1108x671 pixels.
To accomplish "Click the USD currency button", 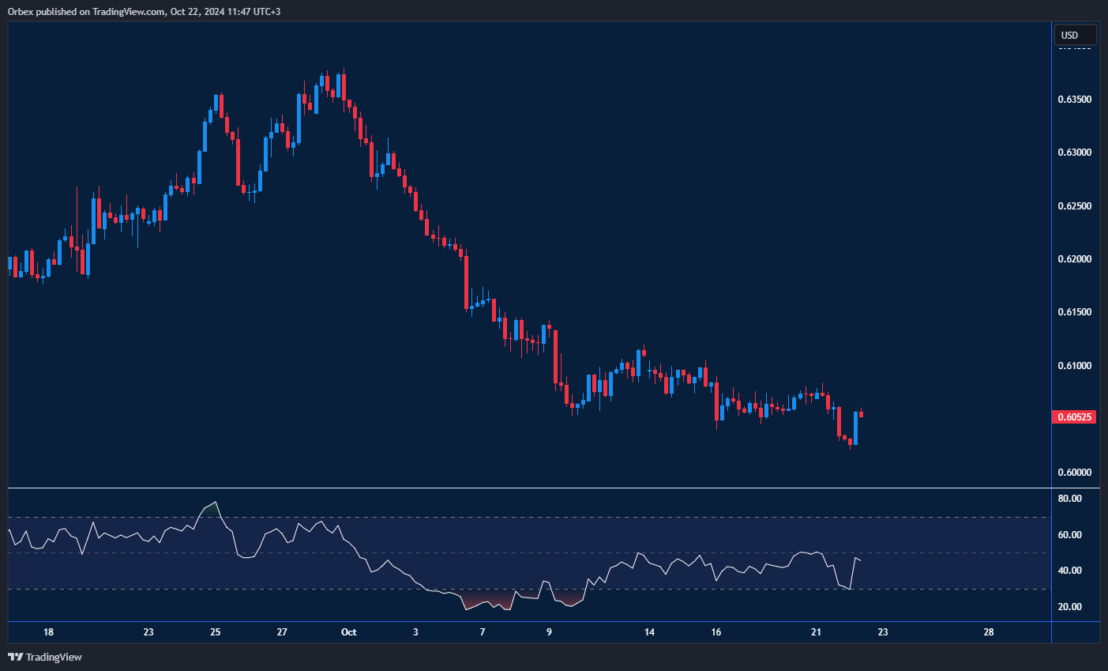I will coord(1075,35).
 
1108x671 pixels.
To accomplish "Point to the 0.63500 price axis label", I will coord(1074,100).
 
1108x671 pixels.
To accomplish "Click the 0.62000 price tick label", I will coord(1074,259).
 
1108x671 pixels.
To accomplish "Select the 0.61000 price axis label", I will coord(1074,366).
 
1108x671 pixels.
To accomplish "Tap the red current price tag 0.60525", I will coord(1074,417).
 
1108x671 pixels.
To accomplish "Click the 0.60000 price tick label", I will coord(1074,473).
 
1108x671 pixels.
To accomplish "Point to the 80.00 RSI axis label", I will coord(1069,499).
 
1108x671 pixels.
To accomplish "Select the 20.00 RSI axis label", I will coord(1069,607).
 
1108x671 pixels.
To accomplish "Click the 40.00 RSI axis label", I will coord(1069,571).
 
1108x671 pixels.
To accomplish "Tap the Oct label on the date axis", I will coord(348,632).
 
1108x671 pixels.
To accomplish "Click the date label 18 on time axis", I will coord(48,632).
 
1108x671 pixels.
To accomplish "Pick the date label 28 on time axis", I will coord(988,632).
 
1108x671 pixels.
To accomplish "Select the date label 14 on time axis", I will coord(649,632).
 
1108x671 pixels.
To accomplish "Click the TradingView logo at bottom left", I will coord(45,657).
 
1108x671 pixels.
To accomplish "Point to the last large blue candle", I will coord(855,428).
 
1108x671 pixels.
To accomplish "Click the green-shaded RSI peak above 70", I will coord(211,507).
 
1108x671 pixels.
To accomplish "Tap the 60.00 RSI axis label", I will coord(1069,535).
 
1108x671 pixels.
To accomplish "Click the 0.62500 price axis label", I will coord(1074,206).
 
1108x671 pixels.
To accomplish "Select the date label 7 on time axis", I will coord(483,632).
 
